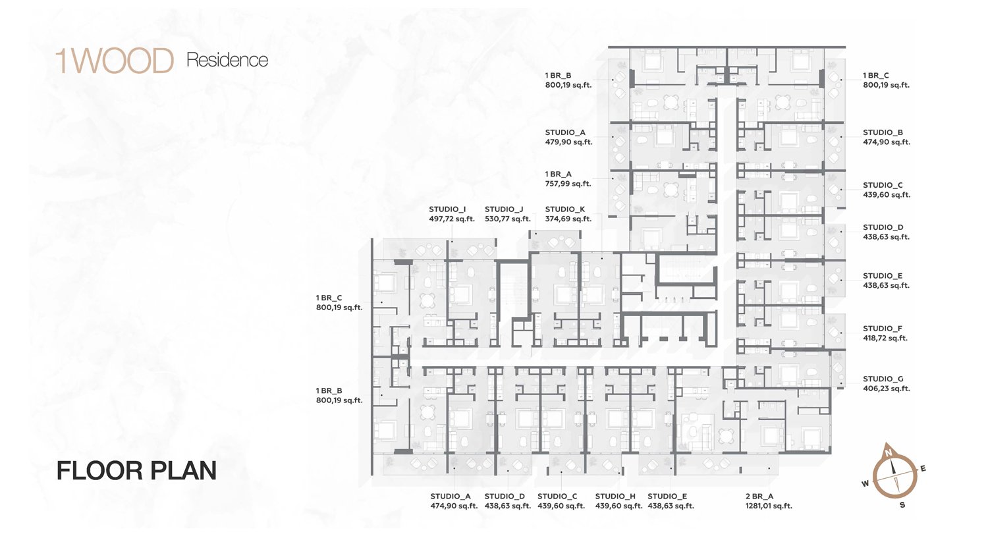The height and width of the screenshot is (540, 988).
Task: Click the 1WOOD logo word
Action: click(x=115, y=61)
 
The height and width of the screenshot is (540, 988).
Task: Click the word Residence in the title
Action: click(x=227, y=60)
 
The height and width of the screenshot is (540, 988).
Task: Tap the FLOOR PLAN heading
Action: click(x=137, y=470)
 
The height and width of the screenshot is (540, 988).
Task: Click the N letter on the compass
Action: click(x=889, y=452)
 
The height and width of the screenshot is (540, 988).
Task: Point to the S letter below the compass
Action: click(x=902, y=505)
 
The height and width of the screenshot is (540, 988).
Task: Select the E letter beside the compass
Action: click(x=923, y=469)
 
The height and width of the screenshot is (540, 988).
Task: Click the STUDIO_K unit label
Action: click(x=565, y=209)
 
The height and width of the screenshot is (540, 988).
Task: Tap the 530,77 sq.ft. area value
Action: click(x=507, y=219)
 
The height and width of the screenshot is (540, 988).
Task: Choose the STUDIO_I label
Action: click(x=447, y=209)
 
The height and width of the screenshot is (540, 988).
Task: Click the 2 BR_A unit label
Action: click(x=759, y=497)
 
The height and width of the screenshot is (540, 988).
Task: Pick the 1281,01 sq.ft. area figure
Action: click(x=769, y=506)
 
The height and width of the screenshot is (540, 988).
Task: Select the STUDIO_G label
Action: click(x=883, y=379)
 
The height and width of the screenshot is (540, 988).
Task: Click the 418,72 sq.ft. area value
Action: click(x=885, y=338)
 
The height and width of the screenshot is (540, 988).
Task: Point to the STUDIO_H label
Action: click(x=615, y=497)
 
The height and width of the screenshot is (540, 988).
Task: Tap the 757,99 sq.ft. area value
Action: click(x=568, y=184)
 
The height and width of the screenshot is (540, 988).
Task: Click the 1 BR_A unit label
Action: click(x=559, y=175)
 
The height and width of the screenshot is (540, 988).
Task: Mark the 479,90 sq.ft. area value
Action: click(x=568, y=142)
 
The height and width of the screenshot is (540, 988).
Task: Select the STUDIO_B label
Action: click(x=883, y=132)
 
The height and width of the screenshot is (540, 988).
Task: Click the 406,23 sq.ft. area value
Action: click(x=886, y=389)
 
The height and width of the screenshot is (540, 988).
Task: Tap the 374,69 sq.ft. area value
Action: click(x=568, y=219)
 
